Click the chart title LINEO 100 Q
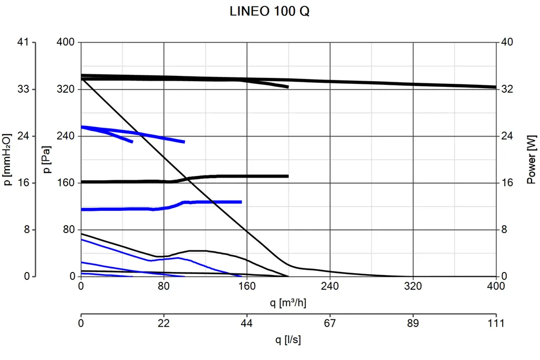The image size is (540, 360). (269, 12)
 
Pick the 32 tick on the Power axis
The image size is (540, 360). (507, 89)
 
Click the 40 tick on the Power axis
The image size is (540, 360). (507, 42)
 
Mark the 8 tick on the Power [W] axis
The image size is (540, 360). (504, 230)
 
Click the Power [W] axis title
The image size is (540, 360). (531, 159)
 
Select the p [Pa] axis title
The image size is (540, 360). (47, 159)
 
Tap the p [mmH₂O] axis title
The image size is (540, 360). (8, 159)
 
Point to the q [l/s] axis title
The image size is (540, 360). (288, 340)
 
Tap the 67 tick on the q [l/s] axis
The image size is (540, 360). (330, 323)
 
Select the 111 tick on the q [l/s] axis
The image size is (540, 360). (496, 323)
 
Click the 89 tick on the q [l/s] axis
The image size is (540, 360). (413, 323)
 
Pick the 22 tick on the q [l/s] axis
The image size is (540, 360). (163, 323)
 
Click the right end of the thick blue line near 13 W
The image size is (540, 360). (241, 202)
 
